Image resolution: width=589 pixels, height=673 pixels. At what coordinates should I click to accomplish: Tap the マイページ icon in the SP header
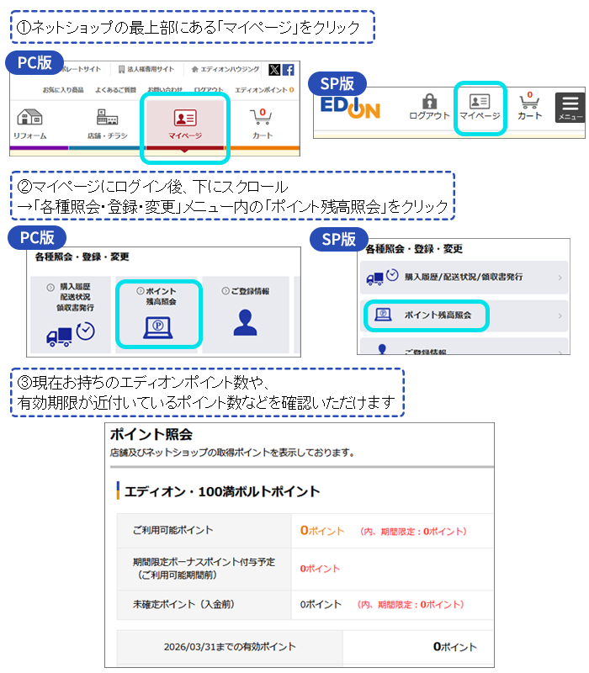coord(480,106)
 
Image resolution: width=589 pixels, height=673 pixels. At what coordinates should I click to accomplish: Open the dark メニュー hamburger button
coord(570,107)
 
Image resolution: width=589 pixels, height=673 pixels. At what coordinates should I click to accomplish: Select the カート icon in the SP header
coord(529,106)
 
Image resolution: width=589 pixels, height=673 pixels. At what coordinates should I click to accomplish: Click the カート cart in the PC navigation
coord(262,122)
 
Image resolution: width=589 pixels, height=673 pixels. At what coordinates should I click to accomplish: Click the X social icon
coord(274,70)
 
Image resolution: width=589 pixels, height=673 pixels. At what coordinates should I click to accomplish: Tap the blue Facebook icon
coord(288,70)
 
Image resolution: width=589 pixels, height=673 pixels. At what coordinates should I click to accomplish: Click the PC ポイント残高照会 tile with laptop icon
coord(159,313)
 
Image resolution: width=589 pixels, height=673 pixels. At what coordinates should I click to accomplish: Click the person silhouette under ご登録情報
coord(245,323)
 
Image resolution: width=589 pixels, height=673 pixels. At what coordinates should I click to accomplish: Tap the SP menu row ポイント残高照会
coord(427,315)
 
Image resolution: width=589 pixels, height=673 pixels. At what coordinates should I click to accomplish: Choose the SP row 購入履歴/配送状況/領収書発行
coord(463,276)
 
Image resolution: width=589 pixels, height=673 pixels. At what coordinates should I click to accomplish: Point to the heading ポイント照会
coord(151,434)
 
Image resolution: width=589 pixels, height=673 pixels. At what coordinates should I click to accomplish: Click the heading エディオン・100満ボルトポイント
coord(222,490)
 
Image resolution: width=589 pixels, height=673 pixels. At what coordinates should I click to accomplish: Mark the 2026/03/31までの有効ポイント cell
coord(230,646)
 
